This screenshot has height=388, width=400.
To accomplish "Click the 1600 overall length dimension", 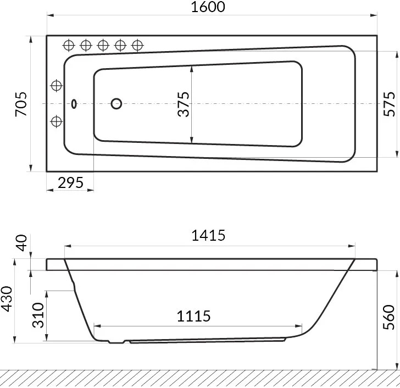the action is (208, 7).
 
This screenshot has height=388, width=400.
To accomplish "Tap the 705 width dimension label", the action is (21, 104).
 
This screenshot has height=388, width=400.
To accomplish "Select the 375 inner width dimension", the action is (184, 104).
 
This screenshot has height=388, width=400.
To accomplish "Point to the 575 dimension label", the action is (389, 104).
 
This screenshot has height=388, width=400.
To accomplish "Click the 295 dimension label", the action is (70, 182).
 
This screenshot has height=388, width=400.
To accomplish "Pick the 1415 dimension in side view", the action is (208, 235).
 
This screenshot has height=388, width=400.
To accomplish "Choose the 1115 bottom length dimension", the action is (193, 316).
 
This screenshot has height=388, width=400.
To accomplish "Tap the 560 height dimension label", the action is (389, 317).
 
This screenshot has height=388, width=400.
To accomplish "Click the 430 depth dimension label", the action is (7, 299).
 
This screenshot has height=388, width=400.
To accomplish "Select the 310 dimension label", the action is (38, 315).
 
